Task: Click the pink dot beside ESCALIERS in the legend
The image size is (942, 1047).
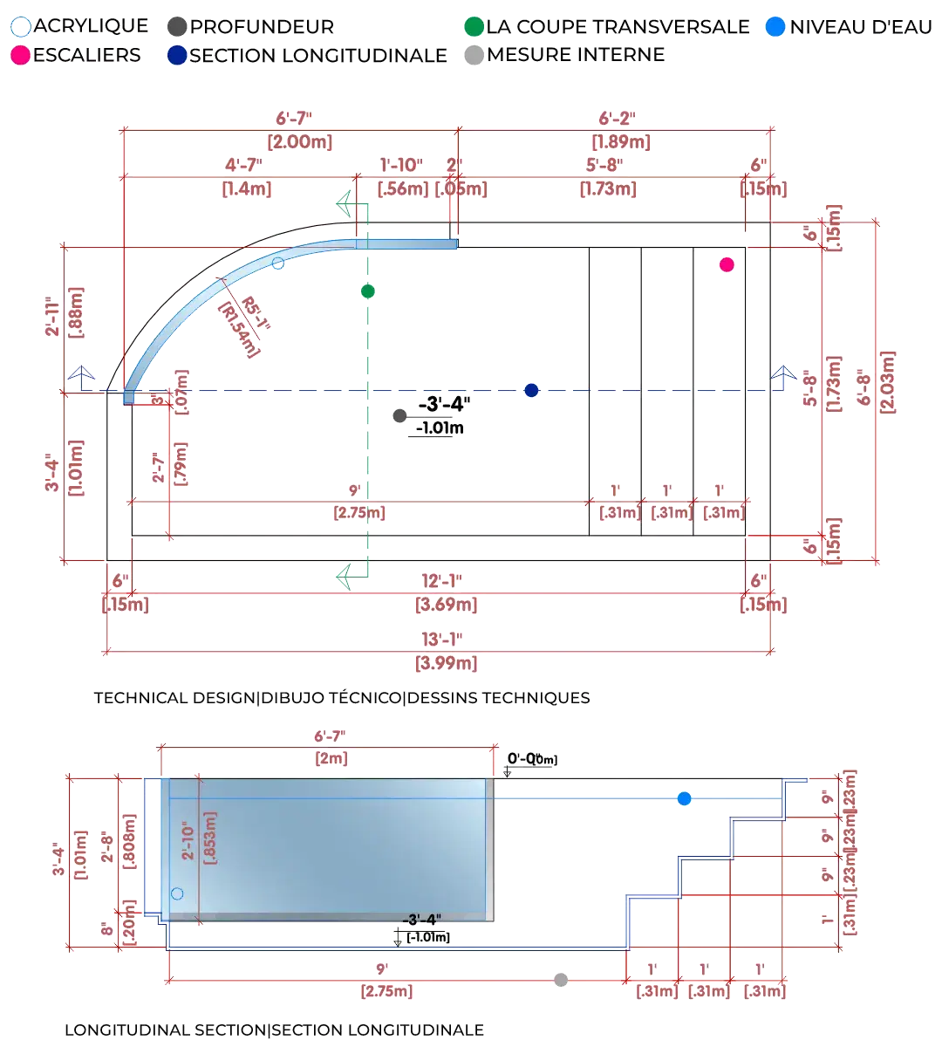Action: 20,55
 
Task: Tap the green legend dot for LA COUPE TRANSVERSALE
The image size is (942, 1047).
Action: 474,26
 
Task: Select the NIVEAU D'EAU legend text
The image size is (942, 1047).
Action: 861,26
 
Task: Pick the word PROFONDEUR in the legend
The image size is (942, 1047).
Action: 262,26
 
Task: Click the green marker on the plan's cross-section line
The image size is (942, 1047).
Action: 368,291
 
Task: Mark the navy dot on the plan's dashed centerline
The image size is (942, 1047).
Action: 531,390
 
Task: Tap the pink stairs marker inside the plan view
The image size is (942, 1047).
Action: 727,264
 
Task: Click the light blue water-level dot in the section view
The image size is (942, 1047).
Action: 684,798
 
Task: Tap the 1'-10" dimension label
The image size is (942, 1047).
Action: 401,165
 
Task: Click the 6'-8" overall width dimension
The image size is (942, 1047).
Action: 887,384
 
